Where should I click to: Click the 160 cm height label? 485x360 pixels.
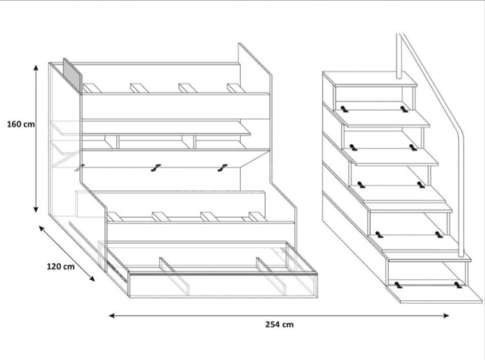21,124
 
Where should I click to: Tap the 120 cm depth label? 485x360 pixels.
61,266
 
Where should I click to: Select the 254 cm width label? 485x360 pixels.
279,325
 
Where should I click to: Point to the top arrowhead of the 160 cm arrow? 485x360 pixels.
36,68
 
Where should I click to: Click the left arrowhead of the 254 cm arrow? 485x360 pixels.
112,315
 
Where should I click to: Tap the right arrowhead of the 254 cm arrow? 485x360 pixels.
446,315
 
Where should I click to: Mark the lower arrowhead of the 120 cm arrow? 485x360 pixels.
92,279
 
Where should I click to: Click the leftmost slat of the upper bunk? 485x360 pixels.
92,88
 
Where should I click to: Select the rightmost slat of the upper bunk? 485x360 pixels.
236,88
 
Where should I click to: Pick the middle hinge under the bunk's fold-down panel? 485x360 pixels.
156,168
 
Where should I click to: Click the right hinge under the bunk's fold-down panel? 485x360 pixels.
222,168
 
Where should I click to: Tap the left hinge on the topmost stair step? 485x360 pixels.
344,109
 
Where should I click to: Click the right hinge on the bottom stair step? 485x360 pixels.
458,284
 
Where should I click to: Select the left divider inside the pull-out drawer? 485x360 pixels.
174,276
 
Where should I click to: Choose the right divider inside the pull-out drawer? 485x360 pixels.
271,276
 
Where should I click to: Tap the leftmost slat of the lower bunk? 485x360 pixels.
115,217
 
